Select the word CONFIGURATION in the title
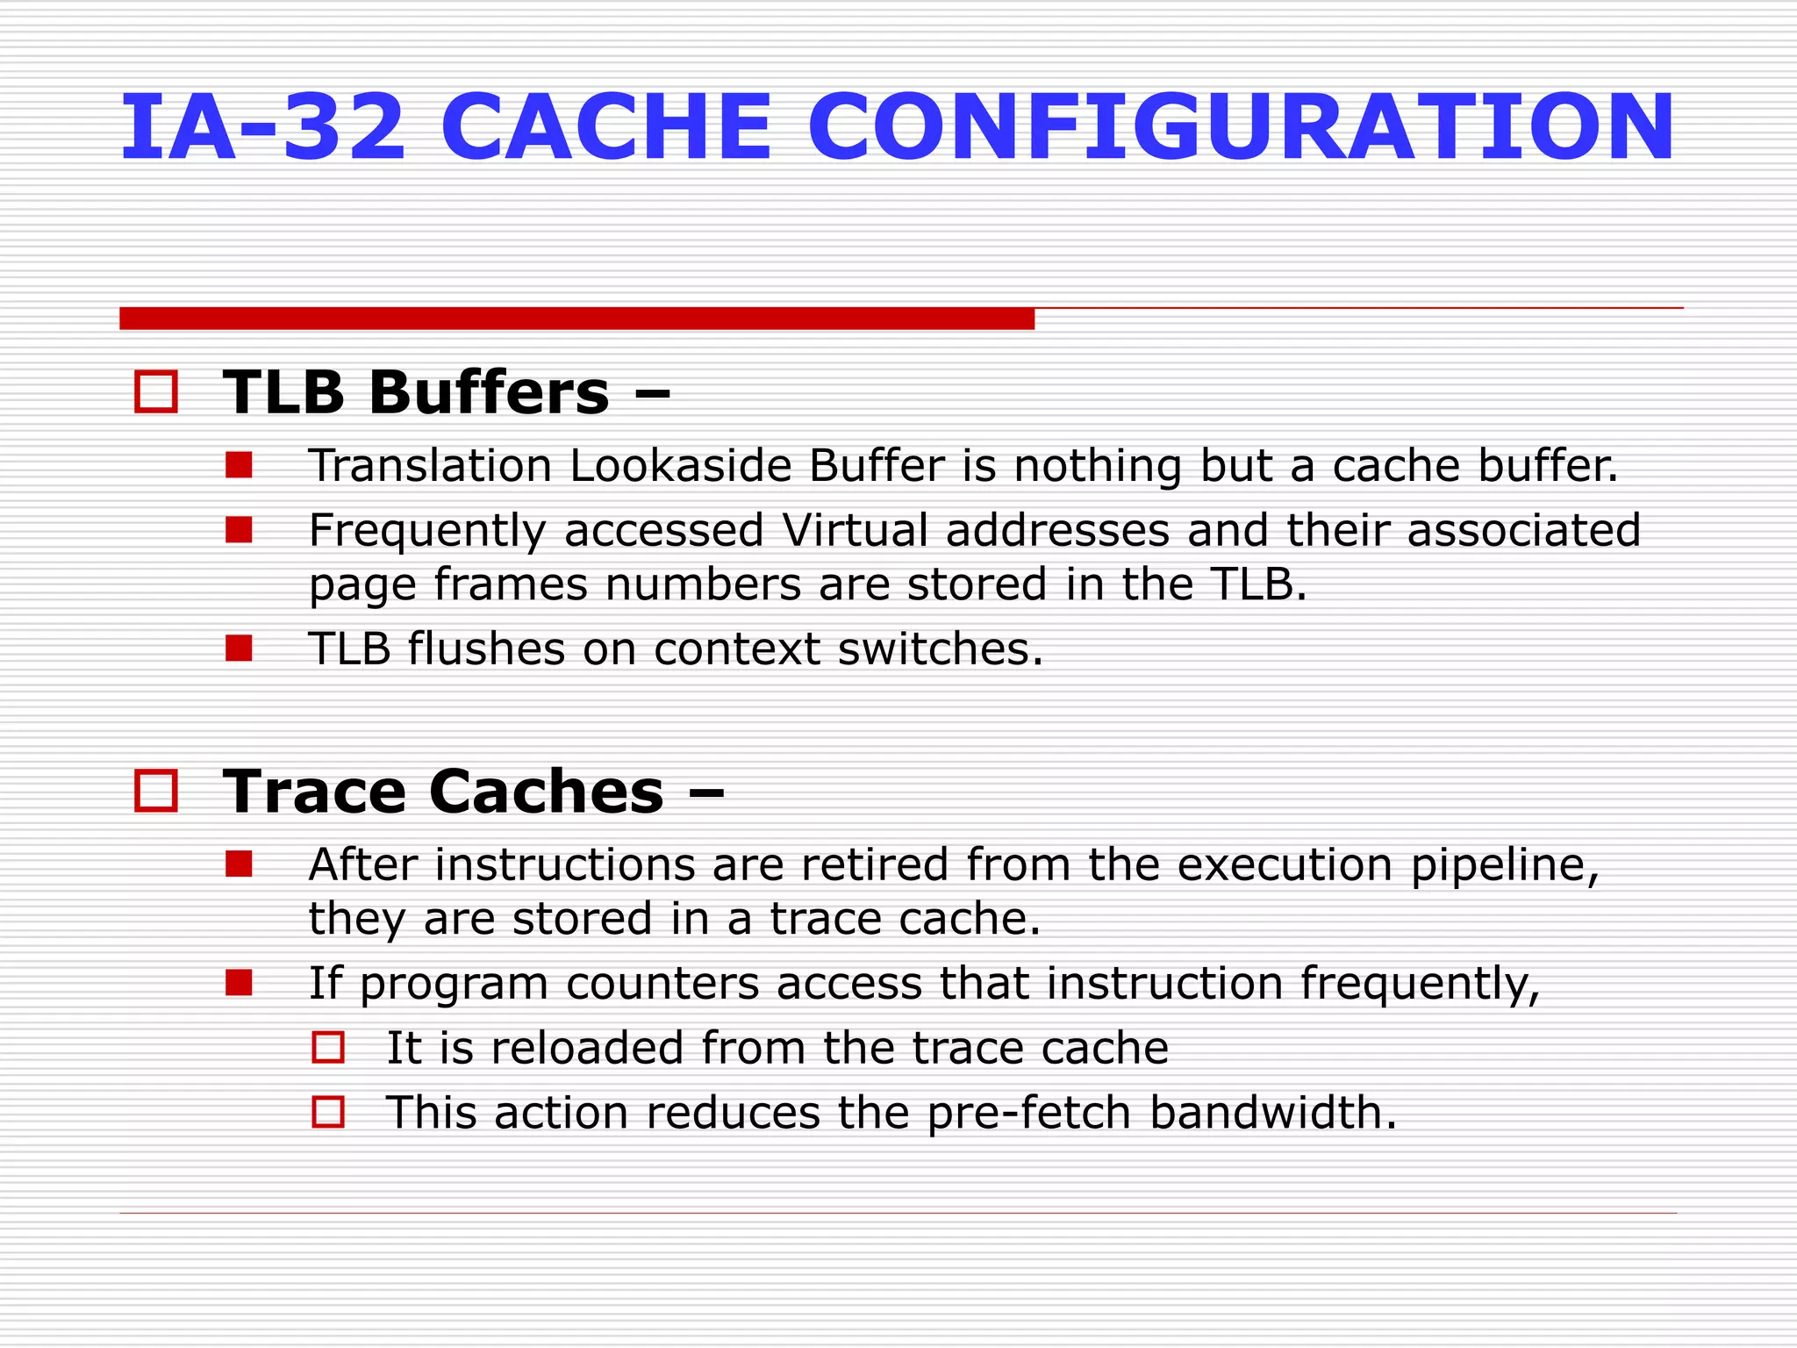1240,128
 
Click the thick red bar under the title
576,319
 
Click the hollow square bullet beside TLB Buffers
156,391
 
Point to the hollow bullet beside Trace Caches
156,791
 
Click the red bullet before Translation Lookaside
239,465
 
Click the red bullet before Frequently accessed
239,530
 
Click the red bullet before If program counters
239,983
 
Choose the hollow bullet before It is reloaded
328,1048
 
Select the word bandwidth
1271,1113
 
